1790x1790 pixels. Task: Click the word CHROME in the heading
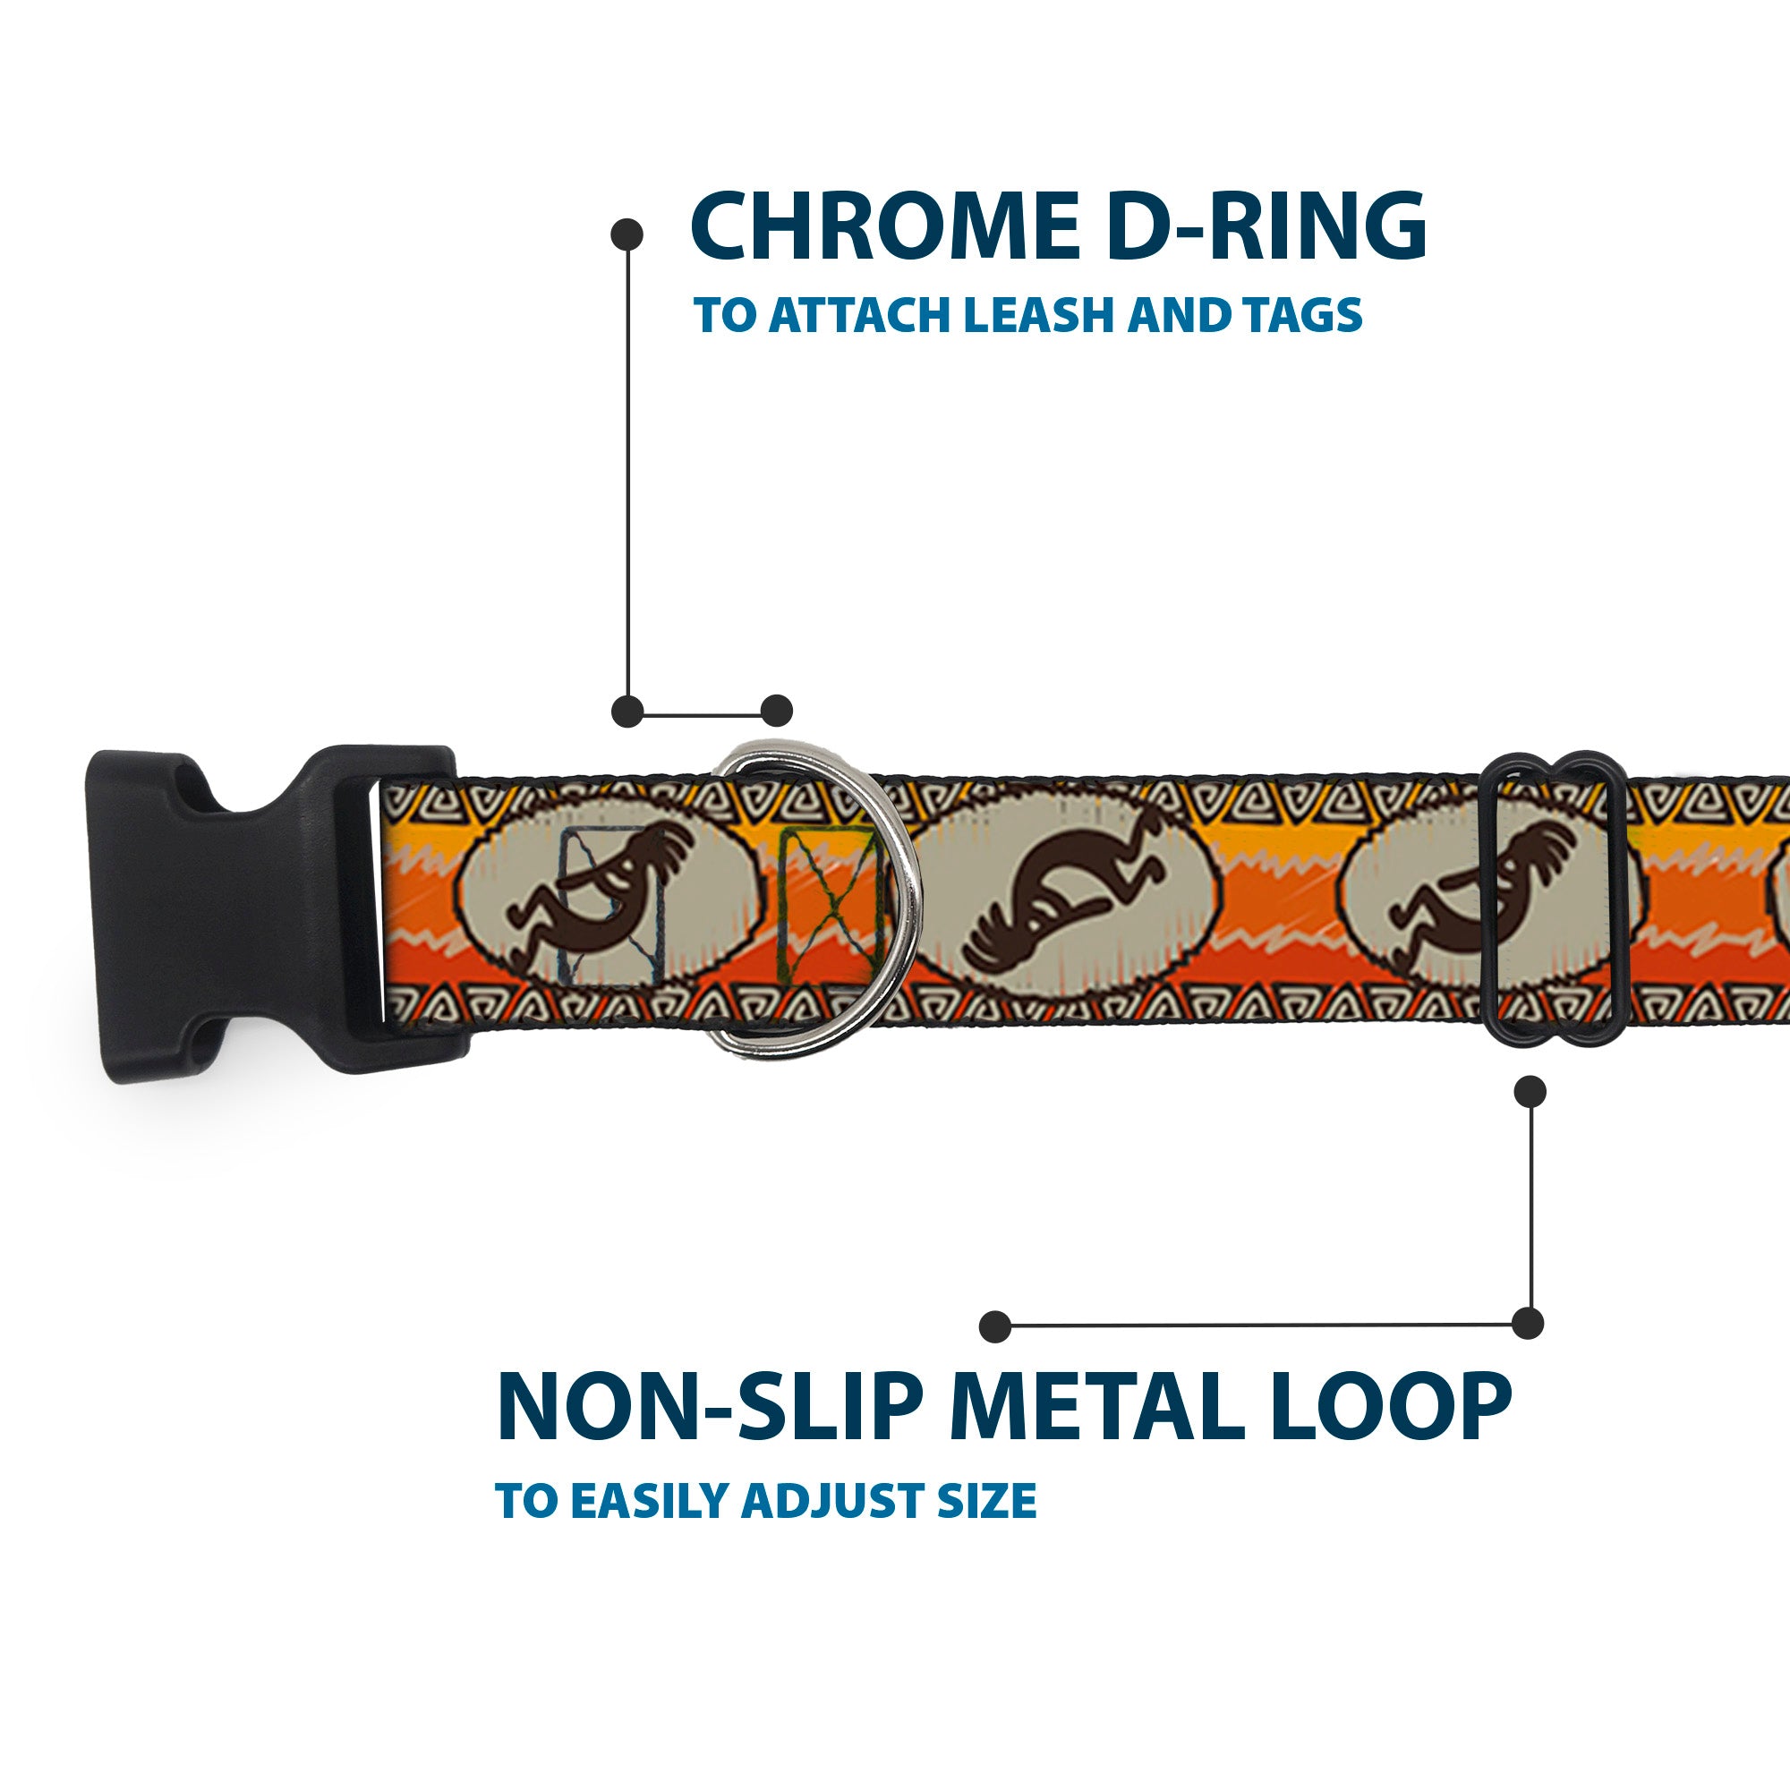pos(884,227)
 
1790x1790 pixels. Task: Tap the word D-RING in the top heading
pos(1266,227)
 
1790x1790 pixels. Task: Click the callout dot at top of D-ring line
pos(627,234)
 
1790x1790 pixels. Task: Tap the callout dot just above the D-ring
pos(776,712)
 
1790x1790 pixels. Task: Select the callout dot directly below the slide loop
pos(1530,1091)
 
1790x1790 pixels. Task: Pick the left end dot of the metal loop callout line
pos(995,1326)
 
